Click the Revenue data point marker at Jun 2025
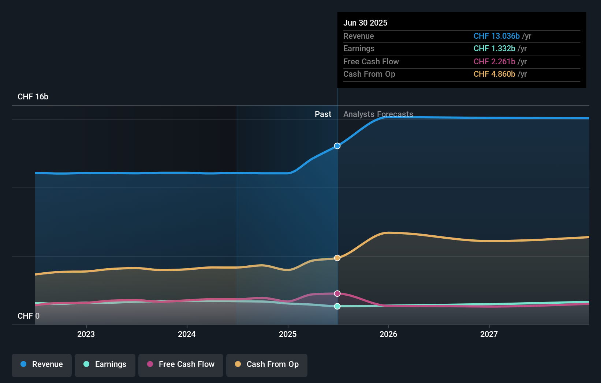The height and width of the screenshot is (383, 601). pyautogui.click(x=337, y=146)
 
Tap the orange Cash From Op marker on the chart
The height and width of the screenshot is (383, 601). pyautogui.click(x=337, y=258)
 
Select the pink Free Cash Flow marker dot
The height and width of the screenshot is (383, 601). pyautogui.click(x=337, y=293)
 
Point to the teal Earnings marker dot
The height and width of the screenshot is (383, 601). pyautogui.click(x=337, y=306)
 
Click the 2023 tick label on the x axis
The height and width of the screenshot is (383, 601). pyautogui.click(x=86, y=334)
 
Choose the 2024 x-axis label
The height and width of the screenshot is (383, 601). pyautogui.click(x=187, y=334)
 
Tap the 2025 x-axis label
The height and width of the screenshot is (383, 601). pyautogui.click(x=288, y=334)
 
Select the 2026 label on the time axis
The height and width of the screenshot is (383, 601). pyautogui.click(x=388, y=334)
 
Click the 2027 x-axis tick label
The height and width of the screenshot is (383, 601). pyautogui.click(x=489, y=334)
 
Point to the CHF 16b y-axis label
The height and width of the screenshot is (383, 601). pyautogui.click(x=33, y=96)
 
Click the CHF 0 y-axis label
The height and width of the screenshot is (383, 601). pyautogui.click(x=29, y=316)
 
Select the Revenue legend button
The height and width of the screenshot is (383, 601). pyautogui.click(x=42, y=364)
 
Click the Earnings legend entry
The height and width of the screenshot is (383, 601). pyautogui.click(x=105, y=364)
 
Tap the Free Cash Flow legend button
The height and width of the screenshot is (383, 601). pyautogui.click(x=181, y=364)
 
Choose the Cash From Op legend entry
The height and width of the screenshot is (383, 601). pyautogui.click(x=267, y=364)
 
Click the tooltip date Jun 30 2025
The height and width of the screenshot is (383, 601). pyautogui.click(x=365, y=23)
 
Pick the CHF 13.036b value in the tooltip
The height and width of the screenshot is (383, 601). pyautogui.click(x=496, y=36)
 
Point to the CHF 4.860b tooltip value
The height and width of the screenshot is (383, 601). pyautogui.click(x=494, y=74)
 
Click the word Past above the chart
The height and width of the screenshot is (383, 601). pyautogui.click(x=323, y=114)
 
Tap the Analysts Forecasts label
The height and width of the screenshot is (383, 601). pyautogui.click(x=378, y=114)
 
